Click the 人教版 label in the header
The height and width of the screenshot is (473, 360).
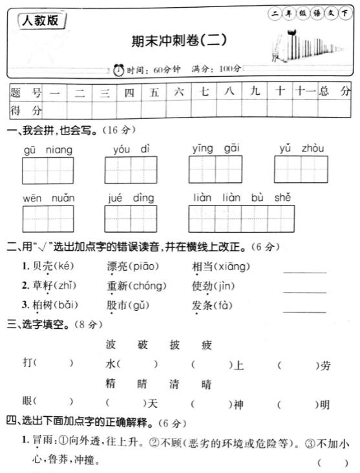click(39, 21)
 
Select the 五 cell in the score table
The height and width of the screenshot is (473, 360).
click(154, 92)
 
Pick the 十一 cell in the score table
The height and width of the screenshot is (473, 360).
click(304, 92)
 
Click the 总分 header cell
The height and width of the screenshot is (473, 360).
click(335, 92)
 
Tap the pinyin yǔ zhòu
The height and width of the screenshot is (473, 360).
click(301, 149)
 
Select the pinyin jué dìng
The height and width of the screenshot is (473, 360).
click(131, 198)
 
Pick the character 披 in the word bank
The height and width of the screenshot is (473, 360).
click(174, 345)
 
